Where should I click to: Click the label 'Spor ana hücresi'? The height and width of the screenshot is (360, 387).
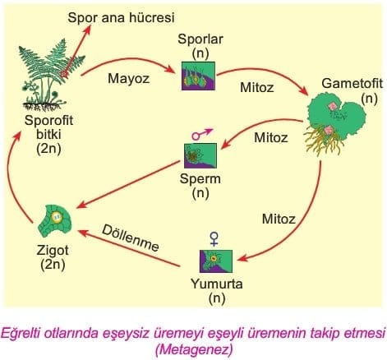point(121,18)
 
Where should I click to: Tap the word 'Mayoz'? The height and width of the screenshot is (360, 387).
point(128,79)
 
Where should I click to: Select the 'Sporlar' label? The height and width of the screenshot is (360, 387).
point(200,39)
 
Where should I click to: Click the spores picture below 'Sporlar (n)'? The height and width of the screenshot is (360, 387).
point(198,76)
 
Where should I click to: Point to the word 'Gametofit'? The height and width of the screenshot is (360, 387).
point(352,83)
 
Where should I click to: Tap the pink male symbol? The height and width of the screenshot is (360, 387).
point(201,134)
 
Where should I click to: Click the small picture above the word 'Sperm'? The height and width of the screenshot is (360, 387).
point(200,155)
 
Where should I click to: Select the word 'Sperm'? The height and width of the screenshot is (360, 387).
point(200,179)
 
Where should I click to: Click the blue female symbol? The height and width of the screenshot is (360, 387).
point(214,238)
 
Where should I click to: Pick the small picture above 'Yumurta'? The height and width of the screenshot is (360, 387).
point(216,261)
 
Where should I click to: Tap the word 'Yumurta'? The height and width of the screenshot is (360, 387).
point(217,284)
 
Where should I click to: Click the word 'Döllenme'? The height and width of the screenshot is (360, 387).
point(131,238)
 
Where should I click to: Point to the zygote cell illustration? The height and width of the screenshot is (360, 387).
point(55,221)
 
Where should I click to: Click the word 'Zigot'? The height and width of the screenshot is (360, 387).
point(53,251)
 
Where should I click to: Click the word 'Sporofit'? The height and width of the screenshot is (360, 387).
point(48,121)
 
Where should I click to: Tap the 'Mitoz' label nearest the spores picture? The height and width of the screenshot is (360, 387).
point(256,88)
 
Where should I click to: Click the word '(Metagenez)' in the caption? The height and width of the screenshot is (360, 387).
point(194,349)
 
